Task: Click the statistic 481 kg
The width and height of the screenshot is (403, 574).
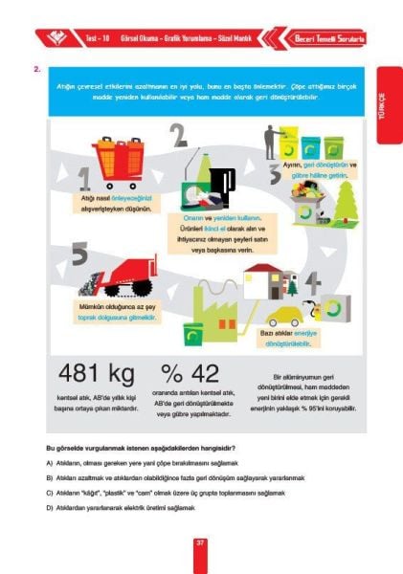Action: [93, 374]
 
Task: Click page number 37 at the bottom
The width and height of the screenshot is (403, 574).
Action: [201, 542]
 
